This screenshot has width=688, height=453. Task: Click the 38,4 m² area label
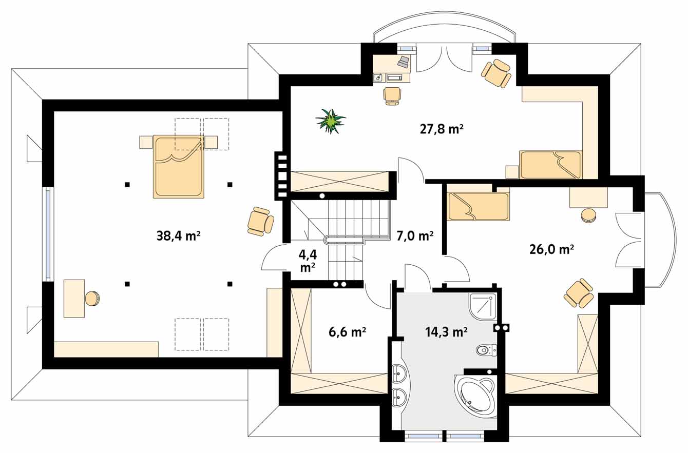click(179, 235)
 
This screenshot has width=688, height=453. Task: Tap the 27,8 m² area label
click(442, 129)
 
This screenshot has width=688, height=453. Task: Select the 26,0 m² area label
click(551, 249)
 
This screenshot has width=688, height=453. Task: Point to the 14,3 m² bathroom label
click(446, 331)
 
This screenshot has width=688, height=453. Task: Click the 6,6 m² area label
click(347, 332)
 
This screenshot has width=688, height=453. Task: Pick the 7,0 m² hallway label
click(415, 235)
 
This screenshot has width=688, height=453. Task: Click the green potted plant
click(331, 121)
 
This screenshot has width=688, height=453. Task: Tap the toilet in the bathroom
click(487, 350)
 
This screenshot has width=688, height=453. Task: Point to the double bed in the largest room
click(179, 167)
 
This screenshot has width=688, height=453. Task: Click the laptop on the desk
click(404, 62)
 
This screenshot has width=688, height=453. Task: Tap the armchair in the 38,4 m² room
click(261, 221)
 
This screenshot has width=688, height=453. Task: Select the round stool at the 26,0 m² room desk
click(588, 215)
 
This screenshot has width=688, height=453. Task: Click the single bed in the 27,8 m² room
click(551, 165)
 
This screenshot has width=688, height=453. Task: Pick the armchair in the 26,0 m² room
click(579, 293)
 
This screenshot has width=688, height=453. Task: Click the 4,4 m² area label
click(308, 261)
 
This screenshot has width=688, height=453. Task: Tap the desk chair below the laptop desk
click(392, 96)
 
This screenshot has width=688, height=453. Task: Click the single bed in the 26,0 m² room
click(478, 206)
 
